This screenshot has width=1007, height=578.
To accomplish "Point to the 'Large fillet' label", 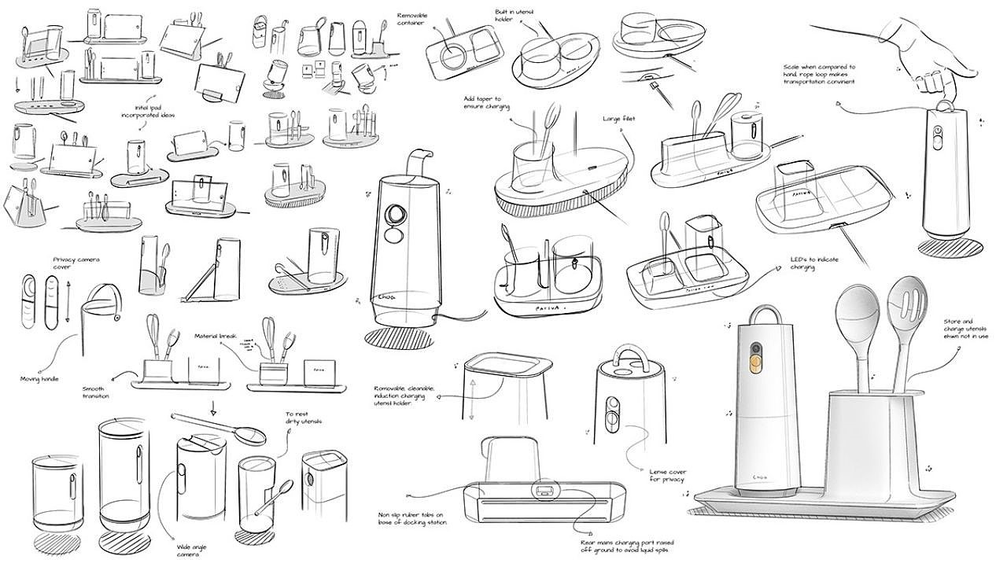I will coord(619,119).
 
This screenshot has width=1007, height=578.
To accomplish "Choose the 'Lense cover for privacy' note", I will coord(667,474).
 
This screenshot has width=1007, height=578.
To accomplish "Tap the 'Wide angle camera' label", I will coord(187,550).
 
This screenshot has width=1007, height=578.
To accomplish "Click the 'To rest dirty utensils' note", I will coord(303,418).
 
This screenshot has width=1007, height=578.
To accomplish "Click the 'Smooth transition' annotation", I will coord(96,392).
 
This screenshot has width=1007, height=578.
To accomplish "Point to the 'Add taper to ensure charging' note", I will coord(488,102).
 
